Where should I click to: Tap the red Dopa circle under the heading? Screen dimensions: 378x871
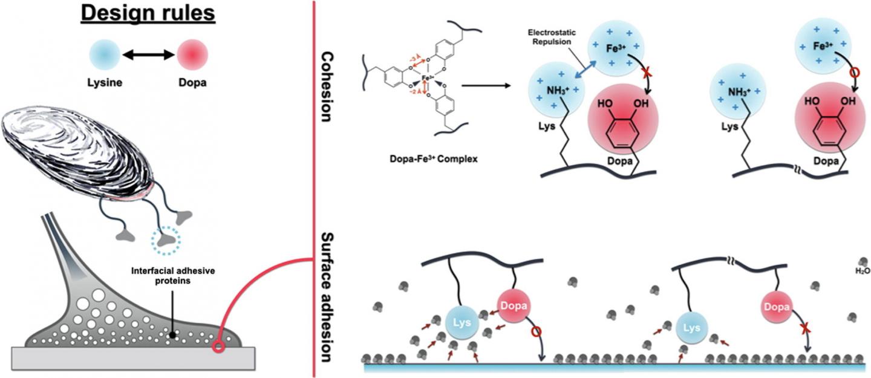pyautogui.click(x=192, y=55)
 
